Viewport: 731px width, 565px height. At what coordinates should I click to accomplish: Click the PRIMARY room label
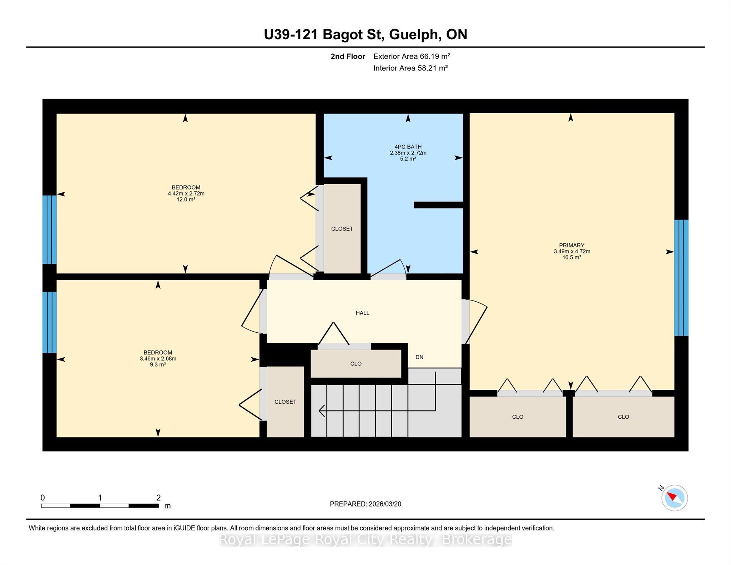point(571,245)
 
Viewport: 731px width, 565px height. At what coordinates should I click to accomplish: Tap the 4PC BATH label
point(408,147)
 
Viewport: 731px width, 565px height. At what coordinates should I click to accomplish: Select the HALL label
point(362,313)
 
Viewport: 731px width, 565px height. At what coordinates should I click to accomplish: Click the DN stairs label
point(419,357)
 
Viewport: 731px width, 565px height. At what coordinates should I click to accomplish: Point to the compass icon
point(674,498)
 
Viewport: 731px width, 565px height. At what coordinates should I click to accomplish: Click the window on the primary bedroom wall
point(681,278)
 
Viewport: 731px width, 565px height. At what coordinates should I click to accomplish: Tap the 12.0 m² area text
point(186,200)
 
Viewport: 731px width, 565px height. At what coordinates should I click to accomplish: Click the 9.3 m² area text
point(158,364)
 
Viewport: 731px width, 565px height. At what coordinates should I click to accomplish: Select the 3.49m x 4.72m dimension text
point(572,251)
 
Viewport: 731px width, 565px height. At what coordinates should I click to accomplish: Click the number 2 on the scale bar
point(158,498)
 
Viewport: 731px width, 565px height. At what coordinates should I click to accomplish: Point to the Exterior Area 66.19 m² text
point(412,56)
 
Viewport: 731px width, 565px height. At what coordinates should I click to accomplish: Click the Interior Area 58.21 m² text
point(410,68)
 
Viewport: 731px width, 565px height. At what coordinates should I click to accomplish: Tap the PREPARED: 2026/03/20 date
point(365,504)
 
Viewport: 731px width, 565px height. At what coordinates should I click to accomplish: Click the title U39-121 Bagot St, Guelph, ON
point(365,34)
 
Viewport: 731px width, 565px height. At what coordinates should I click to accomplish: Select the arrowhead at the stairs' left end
point(321,410)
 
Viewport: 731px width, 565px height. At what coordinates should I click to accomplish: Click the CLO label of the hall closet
point(356,364)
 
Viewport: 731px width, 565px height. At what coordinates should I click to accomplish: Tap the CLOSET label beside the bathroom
point(342,229)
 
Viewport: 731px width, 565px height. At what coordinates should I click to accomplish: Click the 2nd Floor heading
point(348,56)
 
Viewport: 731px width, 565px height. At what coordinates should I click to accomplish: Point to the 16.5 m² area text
point(572,257)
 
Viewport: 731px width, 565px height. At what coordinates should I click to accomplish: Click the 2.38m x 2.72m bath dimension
point(408,153)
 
